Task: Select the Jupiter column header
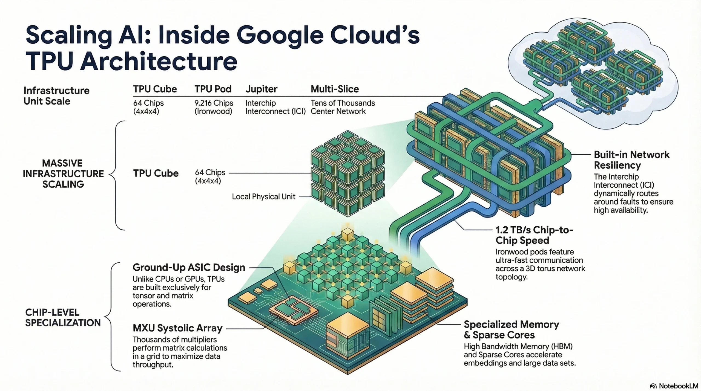tap(261, 89)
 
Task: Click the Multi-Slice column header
tap(335, 89)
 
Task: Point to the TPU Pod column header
tap(213, 89)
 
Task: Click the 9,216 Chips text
tap(214, 103)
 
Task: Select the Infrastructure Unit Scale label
tap(56, 96)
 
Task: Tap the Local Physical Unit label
tap(263, 196)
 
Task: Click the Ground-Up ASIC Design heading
tap(189, 267)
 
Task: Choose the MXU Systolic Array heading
tap(177, 328)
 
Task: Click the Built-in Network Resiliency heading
tap(631, 160)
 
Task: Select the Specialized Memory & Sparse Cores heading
tap(511, 329)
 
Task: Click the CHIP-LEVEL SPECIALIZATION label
tap(63, 317)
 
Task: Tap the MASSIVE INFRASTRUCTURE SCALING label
tap(63, 173)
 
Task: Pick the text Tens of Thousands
tap(343, 103)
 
